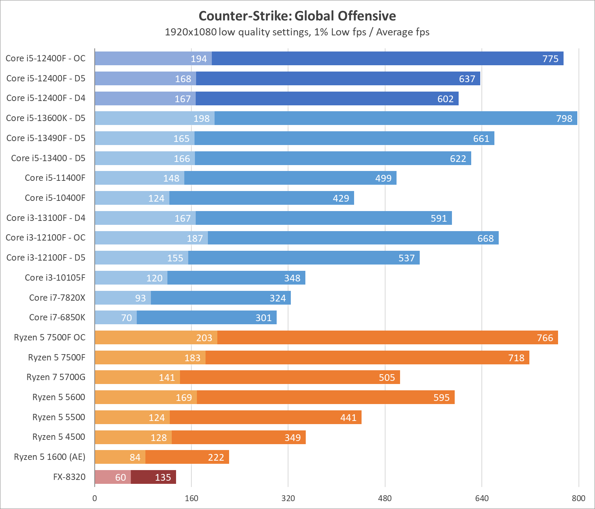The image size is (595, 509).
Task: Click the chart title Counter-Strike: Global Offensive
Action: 297,16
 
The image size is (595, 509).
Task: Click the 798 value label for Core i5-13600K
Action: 564,118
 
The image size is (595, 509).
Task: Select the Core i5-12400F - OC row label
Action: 46,58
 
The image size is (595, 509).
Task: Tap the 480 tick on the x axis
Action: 385,498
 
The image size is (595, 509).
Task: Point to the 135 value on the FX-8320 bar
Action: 163,477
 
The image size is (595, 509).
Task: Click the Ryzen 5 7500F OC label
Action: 50,337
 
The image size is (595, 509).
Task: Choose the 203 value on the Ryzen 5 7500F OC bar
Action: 204,338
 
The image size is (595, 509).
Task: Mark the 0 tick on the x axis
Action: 95,498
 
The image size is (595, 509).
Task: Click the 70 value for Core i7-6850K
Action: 127,318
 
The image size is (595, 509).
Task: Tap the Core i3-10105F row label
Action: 55,277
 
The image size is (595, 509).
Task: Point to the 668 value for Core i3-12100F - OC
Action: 485,238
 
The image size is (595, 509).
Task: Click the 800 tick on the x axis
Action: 578,498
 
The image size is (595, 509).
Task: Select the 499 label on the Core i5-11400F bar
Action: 383,178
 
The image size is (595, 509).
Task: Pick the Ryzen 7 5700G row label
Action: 56,377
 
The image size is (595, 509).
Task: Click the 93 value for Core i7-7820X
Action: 140,298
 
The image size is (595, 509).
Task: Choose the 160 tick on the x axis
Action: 191,498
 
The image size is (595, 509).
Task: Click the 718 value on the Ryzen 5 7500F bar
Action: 516,358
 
